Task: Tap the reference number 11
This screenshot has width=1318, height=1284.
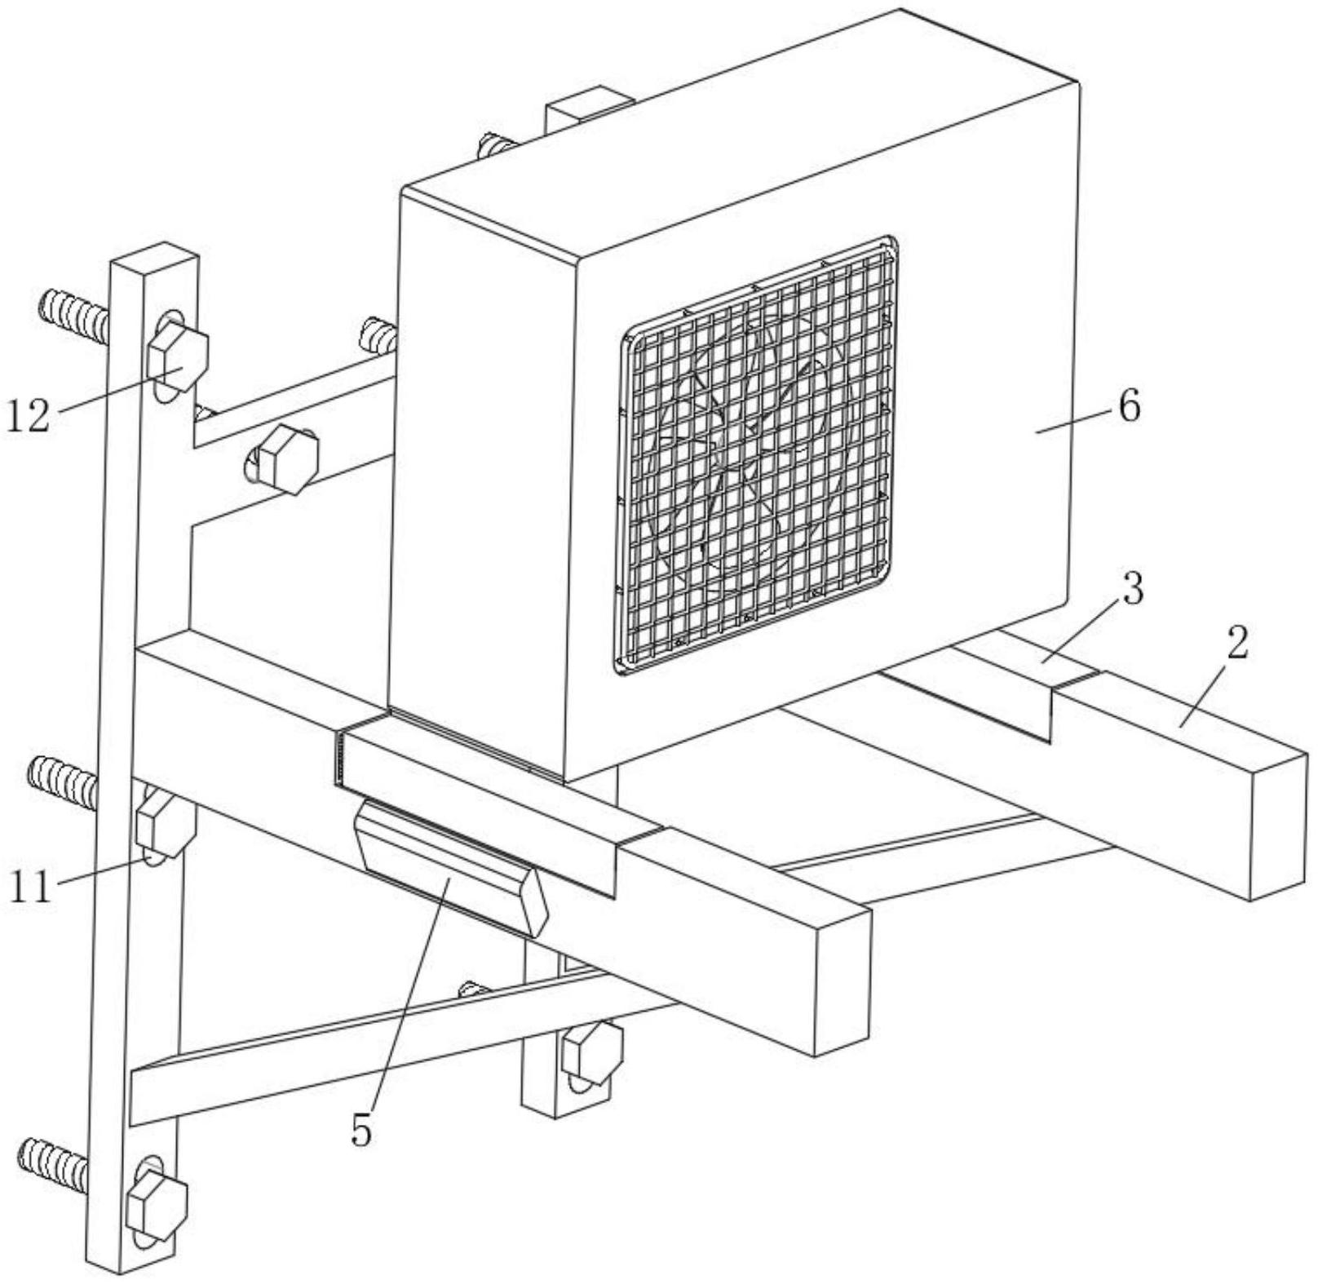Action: tap(30, 887)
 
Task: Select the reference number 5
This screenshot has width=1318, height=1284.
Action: tap(361, 1130)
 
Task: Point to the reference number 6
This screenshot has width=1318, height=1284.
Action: tap(1128, 406)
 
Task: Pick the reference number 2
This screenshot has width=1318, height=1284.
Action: tap(1236, 644)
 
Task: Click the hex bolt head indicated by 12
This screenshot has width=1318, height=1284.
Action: tap(178, 356)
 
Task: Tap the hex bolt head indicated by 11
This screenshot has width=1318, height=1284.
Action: tap(166, 826)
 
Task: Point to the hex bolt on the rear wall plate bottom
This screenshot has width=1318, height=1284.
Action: tap(593, 1051)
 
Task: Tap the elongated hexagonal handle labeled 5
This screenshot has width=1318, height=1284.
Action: tap(451, 866)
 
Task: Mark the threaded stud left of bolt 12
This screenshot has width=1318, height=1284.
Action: tap(73, 315)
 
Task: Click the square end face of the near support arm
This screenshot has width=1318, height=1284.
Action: tap(843, 980)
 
